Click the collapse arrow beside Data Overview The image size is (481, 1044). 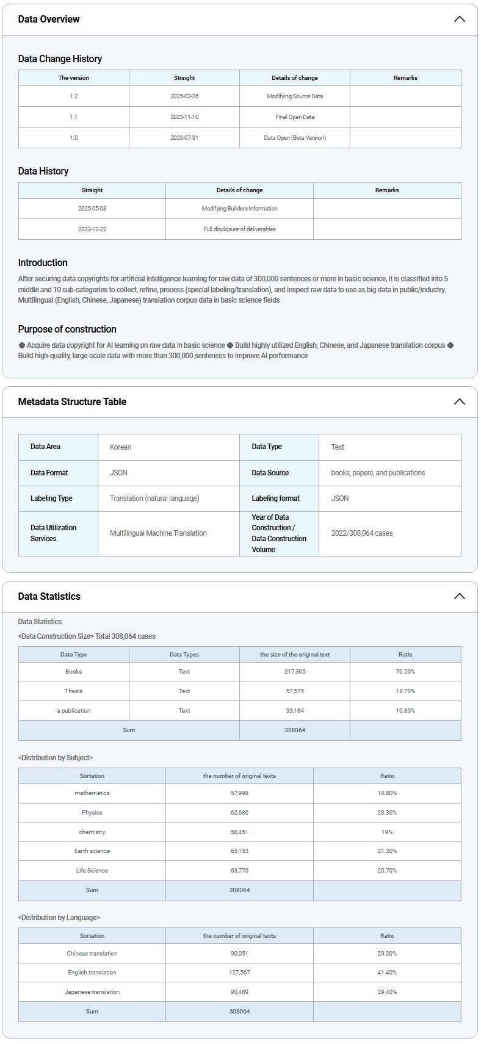point(459,19)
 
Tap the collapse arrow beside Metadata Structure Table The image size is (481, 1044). point(459,401)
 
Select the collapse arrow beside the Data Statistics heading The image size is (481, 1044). point(459,596)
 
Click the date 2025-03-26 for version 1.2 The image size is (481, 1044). point(184,96)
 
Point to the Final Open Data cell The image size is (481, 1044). point(295,117)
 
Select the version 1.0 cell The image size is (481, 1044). point(74,138)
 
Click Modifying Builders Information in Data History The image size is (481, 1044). point(239,209)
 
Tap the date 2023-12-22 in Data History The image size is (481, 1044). point(92,229)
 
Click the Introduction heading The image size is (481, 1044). point(43,263)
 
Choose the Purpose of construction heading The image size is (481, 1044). point(67,329)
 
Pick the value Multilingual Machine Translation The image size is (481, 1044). point(158,533)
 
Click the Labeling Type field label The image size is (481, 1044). point(51,499)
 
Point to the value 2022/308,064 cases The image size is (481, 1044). point(362,533)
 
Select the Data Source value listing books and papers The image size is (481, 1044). point(378,473)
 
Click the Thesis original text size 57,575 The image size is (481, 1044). point(295,691)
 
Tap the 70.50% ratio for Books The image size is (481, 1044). point(405,672)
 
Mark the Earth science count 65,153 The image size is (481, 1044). point(239,851)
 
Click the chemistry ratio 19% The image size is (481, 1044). point(387,832)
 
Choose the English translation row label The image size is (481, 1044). point(92,973)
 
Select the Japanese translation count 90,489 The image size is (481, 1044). point(239,992)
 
